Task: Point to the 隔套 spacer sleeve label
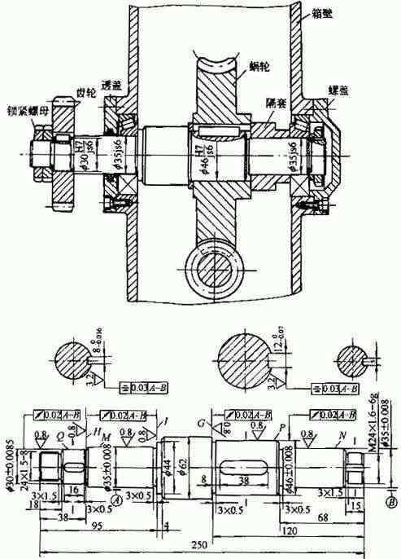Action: [x=275, y=103]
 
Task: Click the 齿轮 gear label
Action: [x=85, y=94]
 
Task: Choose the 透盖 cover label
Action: [x=112, y=86]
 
